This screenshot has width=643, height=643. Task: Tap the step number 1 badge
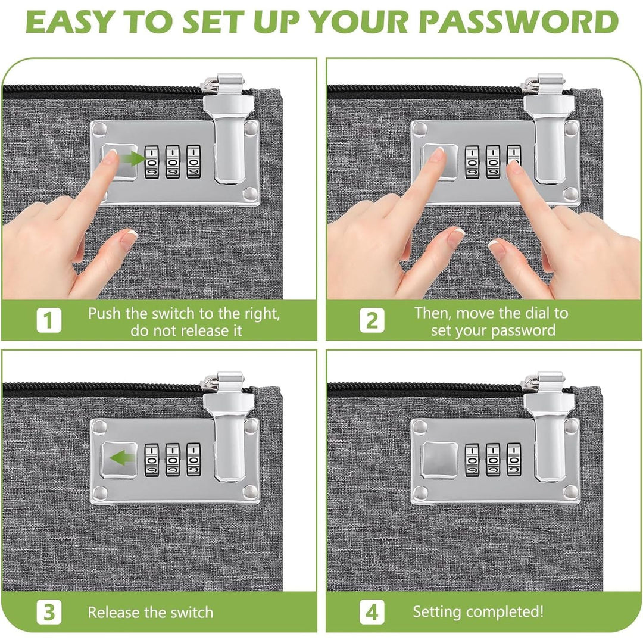pyautogui.click(x=49, y=320)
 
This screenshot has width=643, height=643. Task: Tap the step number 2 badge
pyautogui.click(x=372, y=320)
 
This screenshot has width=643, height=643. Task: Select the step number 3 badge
pyautogui.click(x=49, y=612)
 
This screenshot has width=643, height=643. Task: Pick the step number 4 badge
pyautogui.click(x=372, y=612)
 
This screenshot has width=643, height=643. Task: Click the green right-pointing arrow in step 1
pyautogui.click(x=132, y=158)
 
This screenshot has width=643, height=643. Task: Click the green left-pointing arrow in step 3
pyautogui.click(x=123, y=457)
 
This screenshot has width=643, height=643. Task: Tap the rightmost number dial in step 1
pyautogui.click(x=193, y=161)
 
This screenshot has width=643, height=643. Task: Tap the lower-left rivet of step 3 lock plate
pyautogui.click(x=99, y=491)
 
